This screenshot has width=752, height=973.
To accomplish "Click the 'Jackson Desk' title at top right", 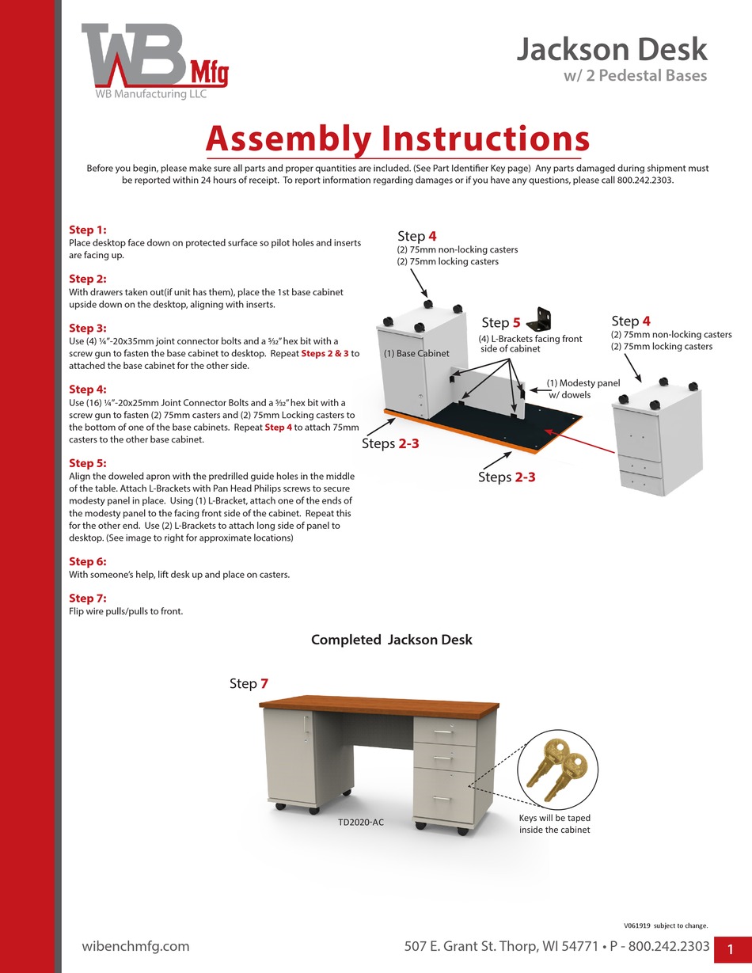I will [612, 49].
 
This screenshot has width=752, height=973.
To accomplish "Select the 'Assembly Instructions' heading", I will [397, 139].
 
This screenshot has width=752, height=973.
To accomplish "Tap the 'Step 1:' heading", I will [88, 230].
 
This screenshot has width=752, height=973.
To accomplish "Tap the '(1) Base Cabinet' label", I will [416, 353].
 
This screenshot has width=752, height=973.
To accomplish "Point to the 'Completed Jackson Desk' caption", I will [391, 640].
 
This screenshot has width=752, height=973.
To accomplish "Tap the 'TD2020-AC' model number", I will [361, 823].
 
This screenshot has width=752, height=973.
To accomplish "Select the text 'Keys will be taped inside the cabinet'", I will [554, 823].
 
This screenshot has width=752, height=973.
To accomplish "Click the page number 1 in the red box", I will [731, 949].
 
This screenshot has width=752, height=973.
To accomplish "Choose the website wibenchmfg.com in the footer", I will [135, 946].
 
